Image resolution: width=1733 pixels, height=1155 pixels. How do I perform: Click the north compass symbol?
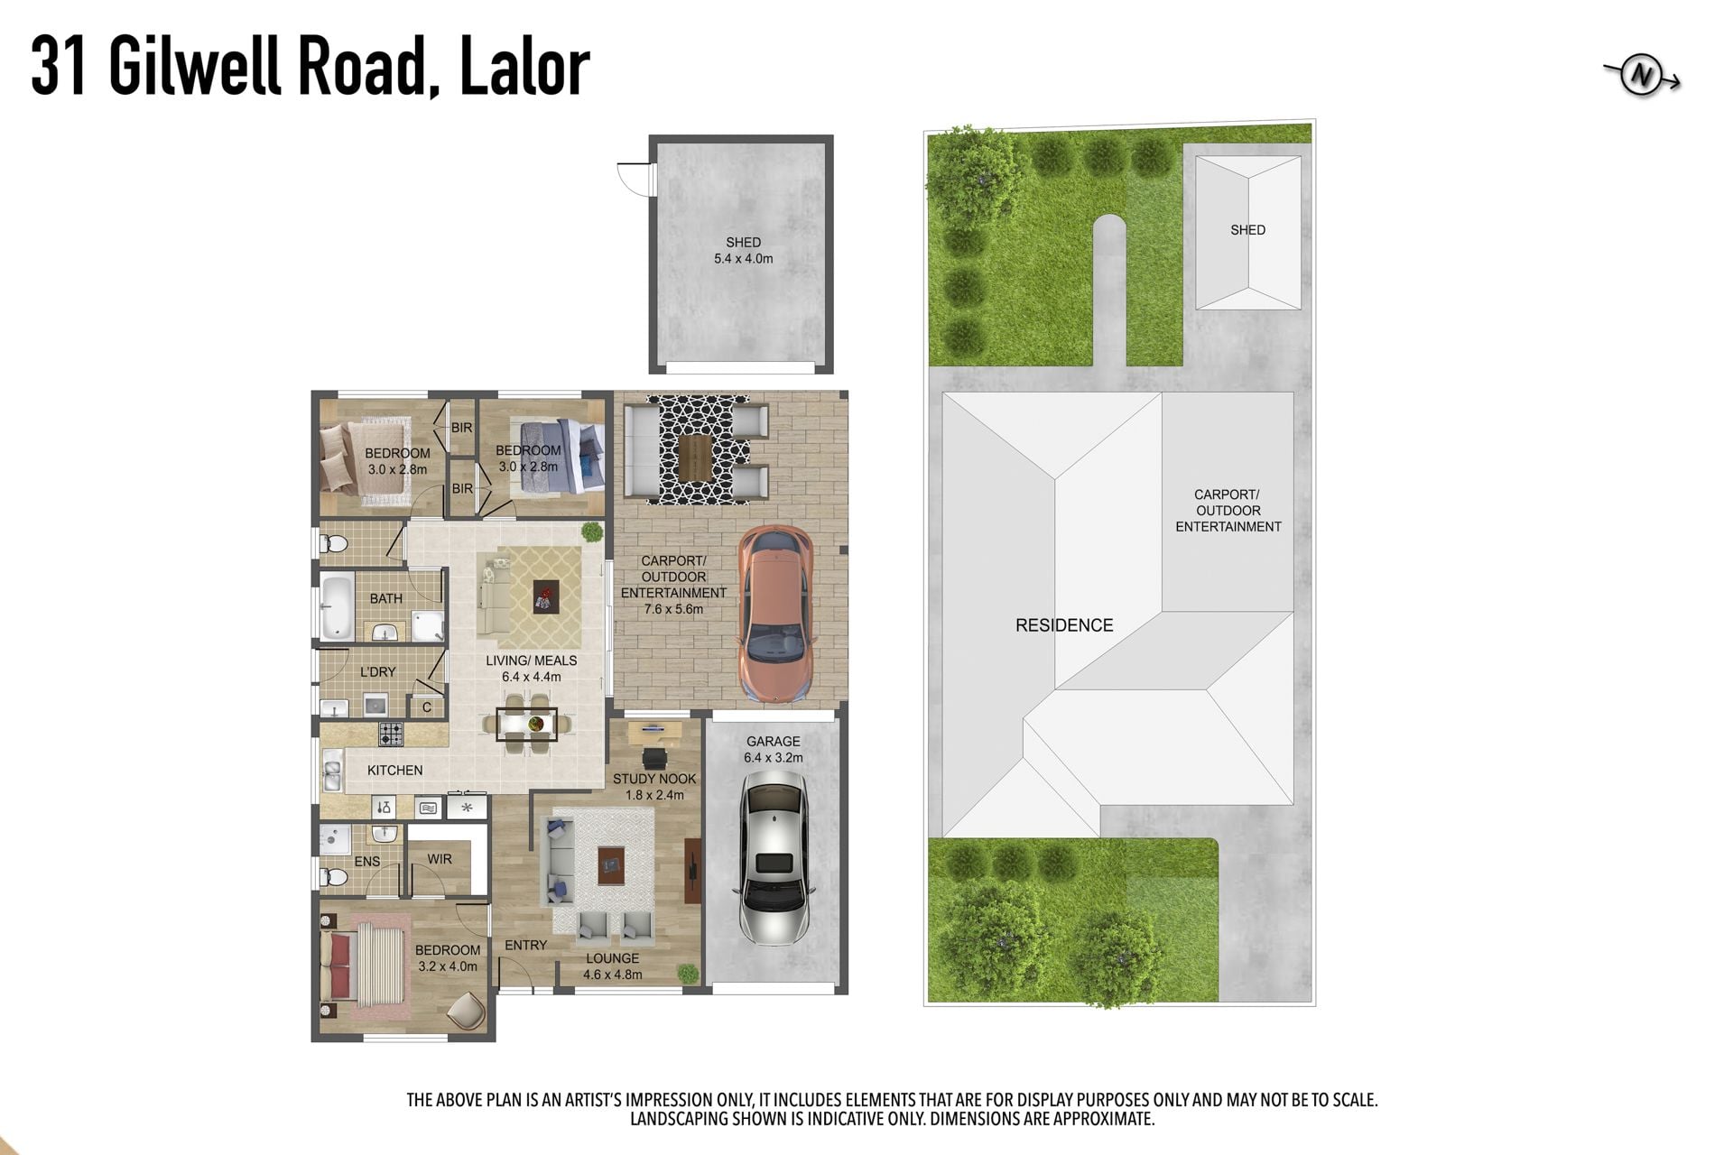click(1641, 77)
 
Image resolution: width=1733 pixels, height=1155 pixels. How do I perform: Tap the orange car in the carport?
click(775, 614)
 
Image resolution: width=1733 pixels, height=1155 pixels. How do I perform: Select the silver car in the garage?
click(773, 861)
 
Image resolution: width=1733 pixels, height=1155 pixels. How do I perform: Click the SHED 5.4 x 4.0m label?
click(743, 250)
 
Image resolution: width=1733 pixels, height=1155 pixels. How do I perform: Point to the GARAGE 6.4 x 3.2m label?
click(773, 749)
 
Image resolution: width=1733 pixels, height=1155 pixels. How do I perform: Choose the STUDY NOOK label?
click(654, 779)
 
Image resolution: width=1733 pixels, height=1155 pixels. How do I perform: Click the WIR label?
click(440, 859)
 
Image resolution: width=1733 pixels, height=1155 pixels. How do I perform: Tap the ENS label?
click(367, 862)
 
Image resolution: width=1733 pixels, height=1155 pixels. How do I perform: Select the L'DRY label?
click(377, 671)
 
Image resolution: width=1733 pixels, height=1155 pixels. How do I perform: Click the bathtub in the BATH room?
click(337, 606)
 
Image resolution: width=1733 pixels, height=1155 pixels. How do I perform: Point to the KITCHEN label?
click(394, 770)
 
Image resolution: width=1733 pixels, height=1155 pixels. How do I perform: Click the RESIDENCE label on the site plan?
click(1064, 624)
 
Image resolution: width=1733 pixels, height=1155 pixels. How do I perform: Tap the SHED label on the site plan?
click(1247, 230)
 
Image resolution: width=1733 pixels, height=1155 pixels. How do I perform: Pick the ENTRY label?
click(525, 945)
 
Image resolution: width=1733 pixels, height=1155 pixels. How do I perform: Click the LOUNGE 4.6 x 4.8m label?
click(612, 966)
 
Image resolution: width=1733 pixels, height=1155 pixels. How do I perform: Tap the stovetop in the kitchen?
click(391, 734)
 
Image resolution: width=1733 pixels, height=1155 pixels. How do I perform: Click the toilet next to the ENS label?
click(334, 876)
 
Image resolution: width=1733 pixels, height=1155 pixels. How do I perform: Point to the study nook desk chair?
click(653, 758)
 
